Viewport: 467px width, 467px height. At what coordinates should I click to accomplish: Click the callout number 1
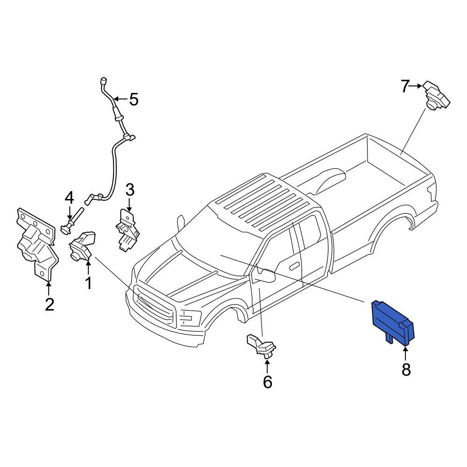pos(88,283)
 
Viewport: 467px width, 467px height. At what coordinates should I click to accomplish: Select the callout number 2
pos(49,304)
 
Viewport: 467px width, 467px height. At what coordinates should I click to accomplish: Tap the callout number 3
pos(129,190)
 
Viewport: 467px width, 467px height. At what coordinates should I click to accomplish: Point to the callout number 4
pos(69,198)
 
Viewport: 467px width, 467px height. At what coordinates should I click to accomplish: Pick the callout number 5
pos(134,99)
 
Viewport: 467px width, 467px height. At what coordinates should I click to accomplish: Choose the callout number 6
pos(267,382)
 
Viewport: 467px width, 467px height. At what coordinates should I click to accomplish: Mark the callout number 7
pos(405,86)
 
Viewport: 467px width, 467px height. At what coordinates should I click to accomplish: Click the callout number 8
pos(406,369)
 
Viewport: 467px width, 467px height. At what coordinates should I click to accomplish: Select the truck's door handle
pos(294,266)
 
